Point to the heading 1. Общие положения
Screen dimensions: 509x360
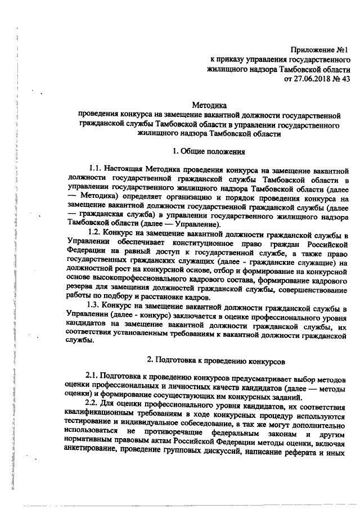click(209, 150)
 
